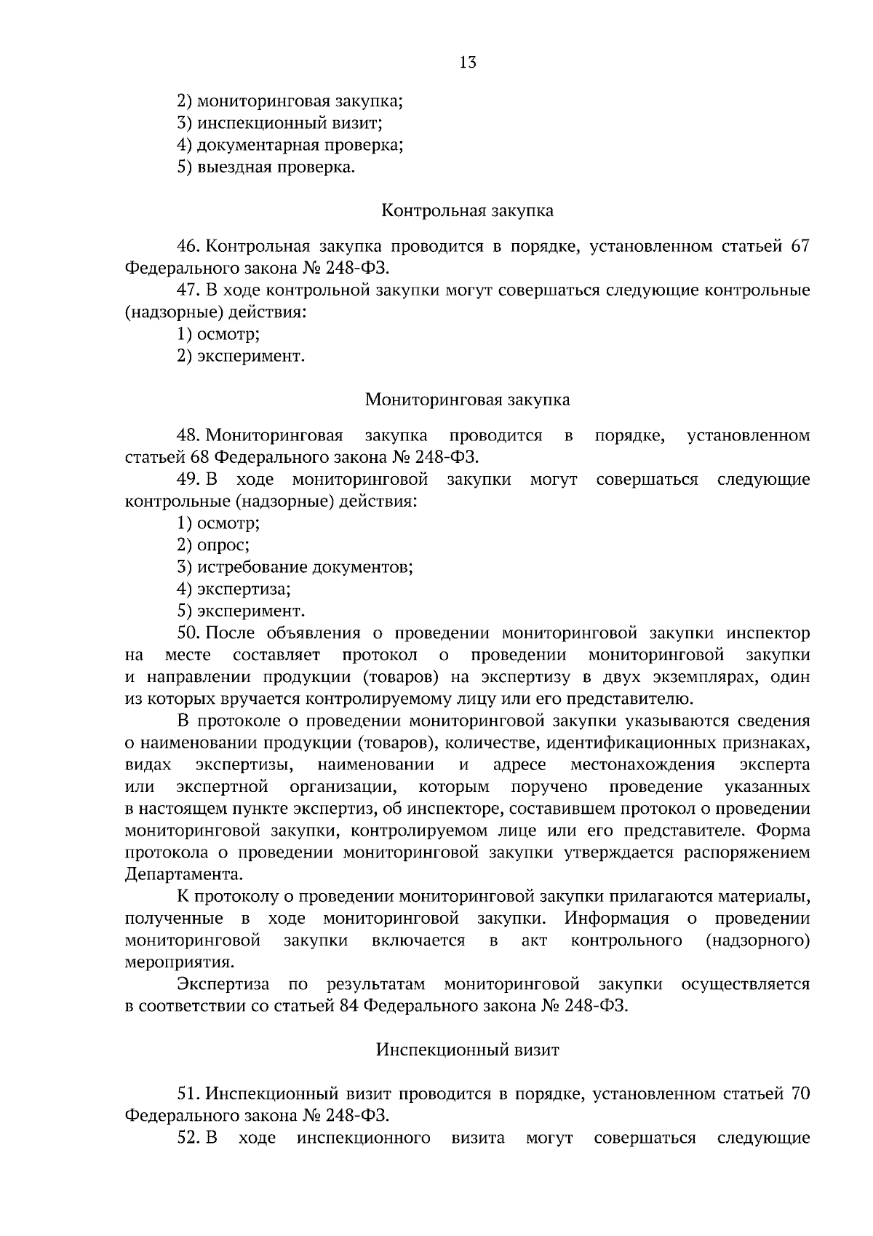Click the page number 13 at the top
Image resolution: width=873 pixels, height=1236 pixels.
(468, 63)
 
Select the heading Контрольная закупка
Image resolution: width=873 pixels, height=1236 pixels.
(467, 211)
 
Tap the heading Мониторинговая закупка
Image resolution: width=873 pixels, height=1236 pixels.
(467, 400)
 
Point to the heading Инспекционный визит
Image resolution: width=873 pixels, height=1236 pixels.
(467, 1050)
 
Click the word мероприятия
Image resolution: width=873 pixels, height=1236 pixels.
(180, 962)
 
